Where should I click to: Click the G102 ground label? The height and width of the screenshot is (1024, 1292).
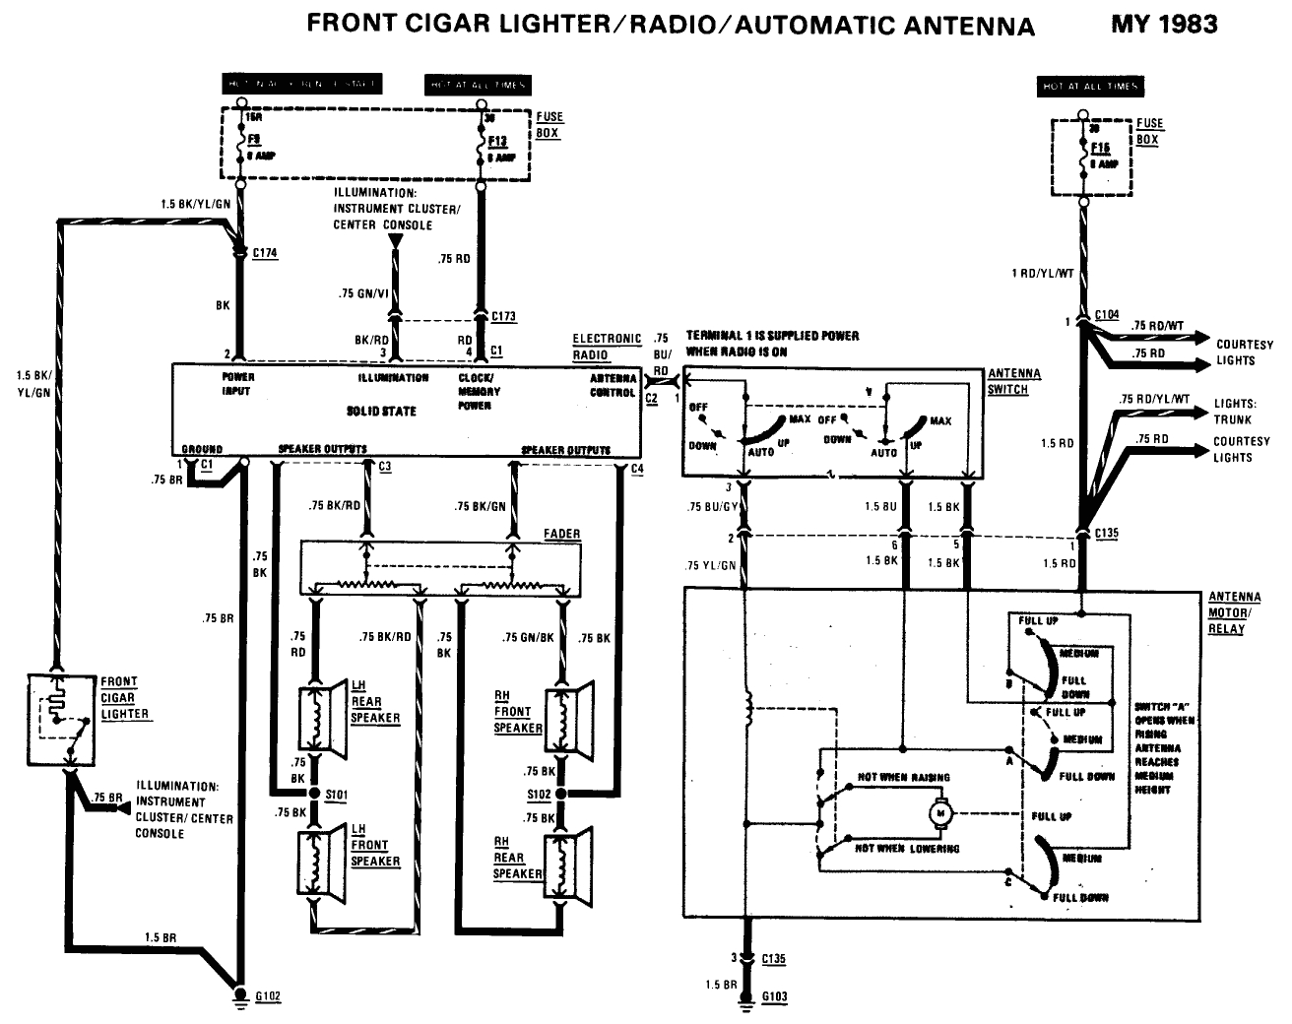point(268,995)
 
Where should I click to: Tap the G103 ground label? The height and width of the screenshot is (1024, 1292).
point(775,995)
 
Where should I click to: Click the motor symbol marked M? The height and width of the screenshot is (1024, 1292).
point(939,813)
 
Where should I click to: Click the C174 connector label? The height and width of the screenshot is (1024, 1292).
point(265,253)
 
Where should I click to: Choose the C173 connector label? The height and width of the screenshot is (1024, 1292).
point(503,317)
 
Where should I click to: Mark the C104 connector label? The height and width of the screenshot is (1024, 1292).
point(1107,314)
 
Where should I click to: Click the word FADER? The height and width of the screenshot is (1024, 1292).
point(561,534)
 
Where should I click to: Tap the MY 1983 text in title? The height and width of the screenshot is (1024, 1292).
point(1164,24)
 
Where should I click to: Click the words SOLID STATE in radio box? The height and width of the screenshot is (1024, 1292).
point(382,411)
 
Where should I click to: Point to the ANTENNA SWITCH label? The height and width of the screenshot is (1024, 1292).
point(1013,381)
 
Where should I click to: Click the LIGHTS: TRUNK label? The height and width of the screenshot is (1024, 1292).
point(1235,411)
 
